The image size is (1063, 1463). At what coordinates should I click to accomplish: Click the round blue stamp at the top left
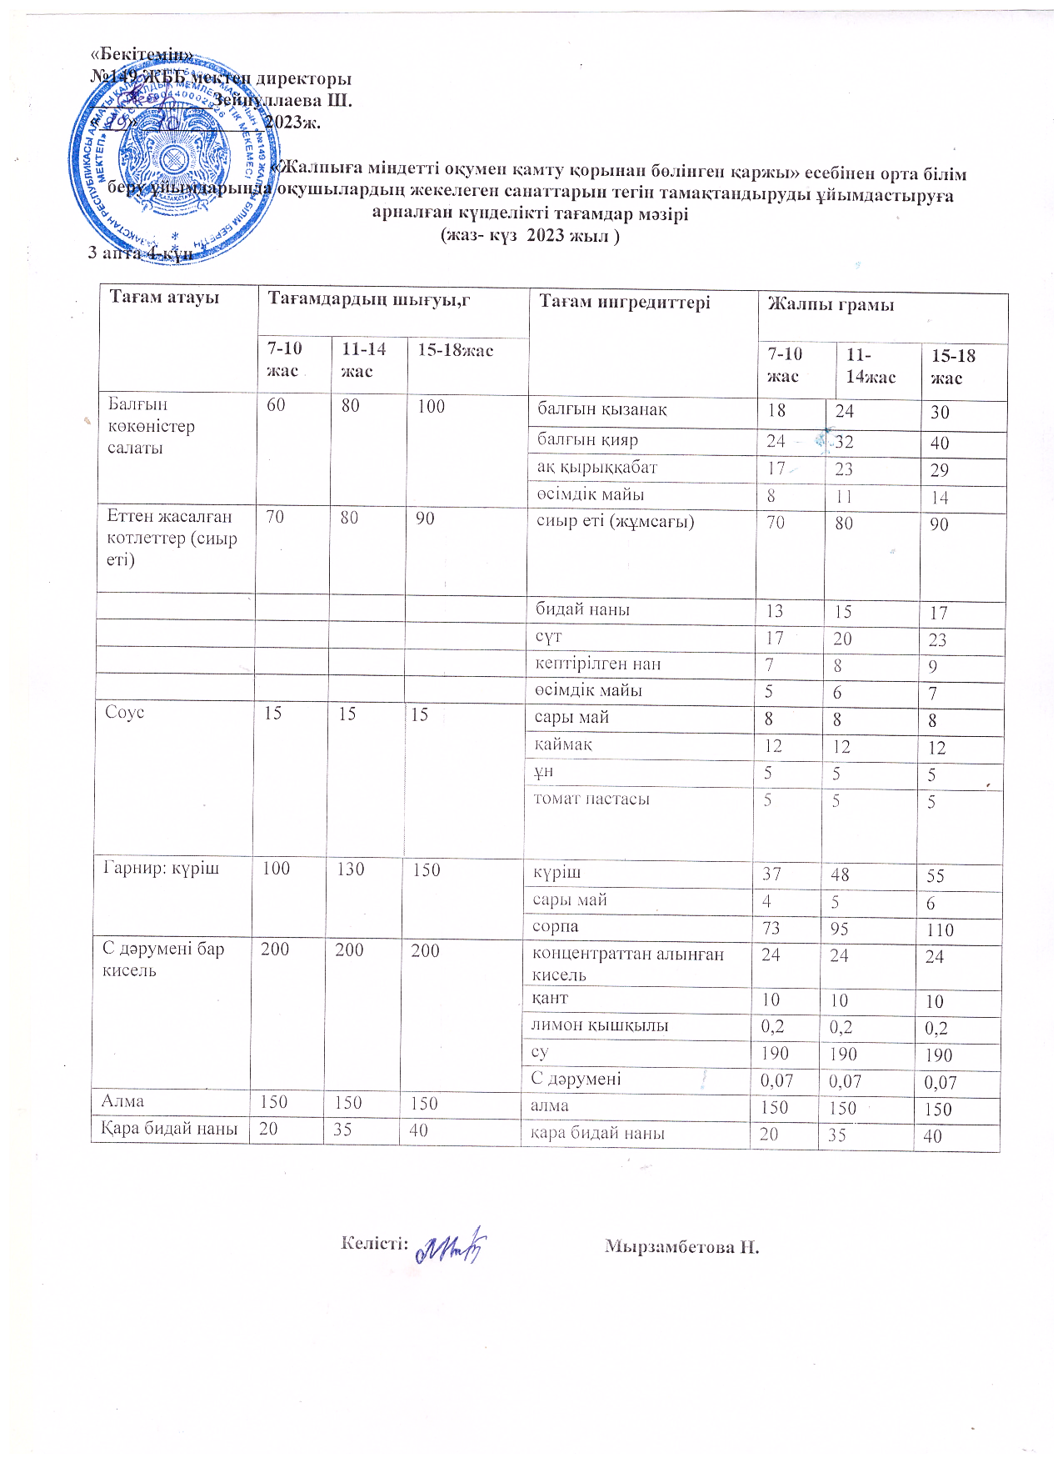[x=175, y=160]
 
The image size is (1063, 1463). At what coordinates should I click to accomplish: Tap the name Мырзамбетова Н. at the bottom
[x=681, y=1247]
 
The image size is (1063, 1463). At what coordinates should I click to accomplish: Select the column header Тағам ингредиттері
[x=625, y=302]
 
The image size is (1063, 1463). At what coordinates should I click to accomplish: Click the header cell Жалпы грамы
[x=830, y=304]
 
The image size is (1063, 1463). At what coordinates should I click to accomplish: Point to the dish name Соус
[x=125, y=713]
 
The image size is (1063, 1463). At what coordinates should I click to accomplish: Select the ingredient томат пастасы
[x=591, y=799]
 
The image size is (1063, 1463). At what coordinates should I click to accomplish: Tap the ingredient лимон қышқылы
[x=600, y=1025]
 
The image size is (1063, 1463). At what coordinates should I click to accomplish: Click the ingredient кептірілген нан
[x=598, y=664]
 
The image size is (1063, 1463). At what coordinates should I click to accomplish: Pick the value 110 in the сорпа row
[x=939, y=930]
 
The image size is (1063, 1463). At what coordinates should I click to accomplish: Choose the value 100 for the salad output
[x=432, y=407]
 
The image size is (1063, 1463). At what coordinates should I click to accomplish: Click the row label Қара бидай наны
[x=169, y=1130]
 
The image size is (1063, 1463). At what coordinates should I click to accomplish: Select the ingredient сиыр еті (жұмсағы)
[x=615, y=523]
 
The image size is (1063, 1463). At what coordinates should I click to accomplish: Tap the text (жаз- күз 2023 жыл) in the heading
[x=530, y=235]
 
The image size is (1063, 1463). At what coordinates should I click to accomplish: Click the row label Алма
[x=122, y=1101]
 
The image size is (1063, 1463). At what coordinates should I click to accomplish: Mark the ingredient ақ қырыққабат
[x=596, y=468]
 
